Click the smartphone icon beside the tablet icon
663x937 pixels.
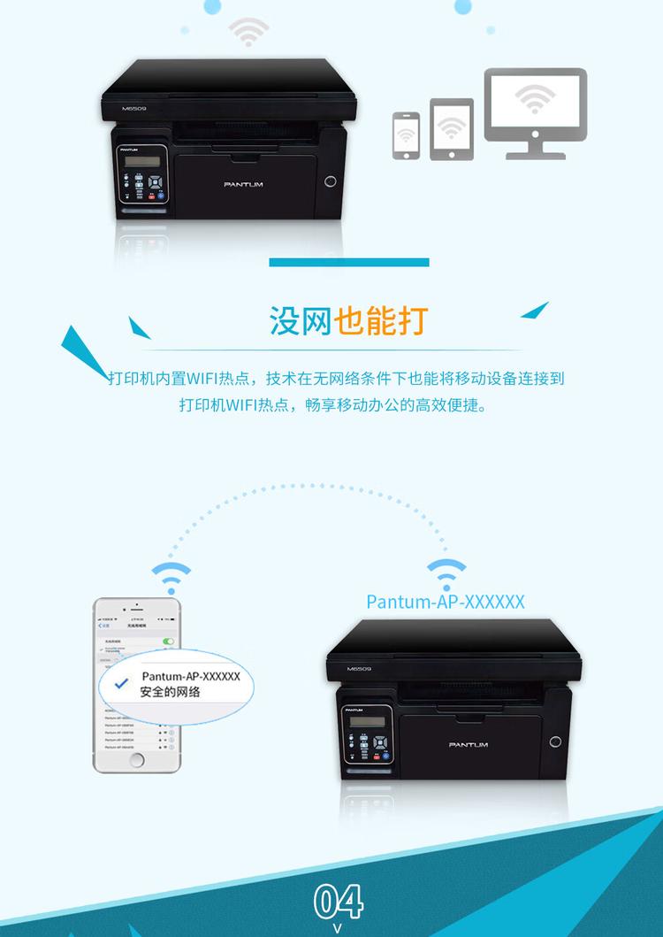click(406, 135)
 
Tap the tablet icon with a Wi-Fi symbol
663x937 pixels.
click(452, 129)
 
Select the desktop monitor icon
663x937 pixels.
click(535, 112)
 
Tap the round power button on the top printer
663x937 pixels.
click(331, 181)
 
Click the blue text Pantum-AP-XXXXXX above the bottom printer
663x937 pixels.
click(446, 602)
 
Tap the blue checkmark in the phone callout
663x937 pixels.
click(122, 683)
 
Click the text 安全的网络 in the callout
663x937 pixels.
click(170, 692)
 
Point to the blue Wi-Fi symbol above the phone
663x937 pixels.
click(169, 576)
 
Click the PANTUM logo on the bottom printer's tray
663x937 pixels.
click(468, 744)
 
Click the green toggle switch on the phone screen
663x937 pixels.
click(168, 641)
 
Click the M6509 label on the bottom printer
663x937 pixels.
click(359, 670)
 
